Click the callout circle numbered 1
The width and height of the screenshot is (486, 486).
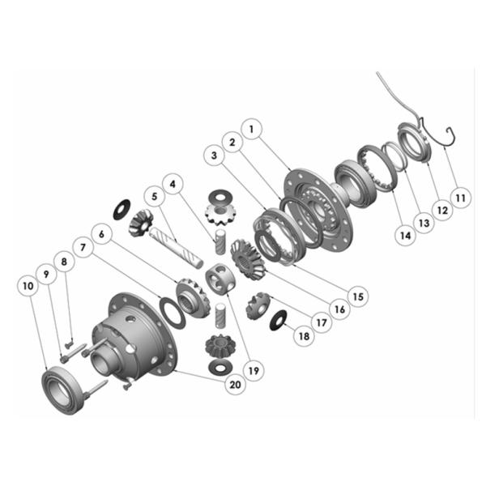coord(251,129)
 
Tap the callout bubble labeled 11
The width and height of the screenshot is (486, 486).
coord(460,198)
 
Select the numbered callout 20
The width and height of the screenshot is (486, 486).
coord(235,384)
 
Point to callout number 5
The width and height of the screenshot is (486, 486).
coord(155,197)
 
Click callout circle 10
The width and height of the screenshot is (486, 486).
coord(28,286)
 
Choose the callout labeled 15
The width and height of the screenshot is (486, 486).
coord(358,296)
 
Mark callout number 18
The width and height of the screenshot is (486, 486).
coord(304,335)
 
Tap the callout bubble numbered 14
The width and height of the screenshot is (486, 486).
coord(406,236)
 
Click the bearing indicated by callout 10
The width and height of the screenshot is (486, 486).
coord(62,390)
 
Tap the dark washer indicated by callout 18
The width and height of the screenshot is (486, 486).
coord(279,320)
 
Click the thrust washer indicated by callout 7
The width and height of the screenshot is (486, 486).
coord(173,313)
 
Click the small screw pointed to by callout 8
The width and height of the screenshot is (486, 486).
coord(69,344)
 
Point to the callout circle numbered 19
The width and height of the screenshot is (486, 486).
coord(254,370)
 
